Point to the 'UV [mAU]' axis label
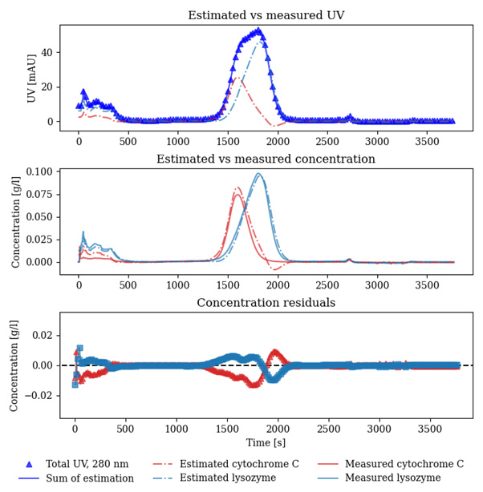click(x=31, y=78)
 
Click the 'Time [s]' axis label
click(x=266, y=442)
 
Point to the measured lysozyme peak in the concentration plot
click(x=258, y=174)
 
